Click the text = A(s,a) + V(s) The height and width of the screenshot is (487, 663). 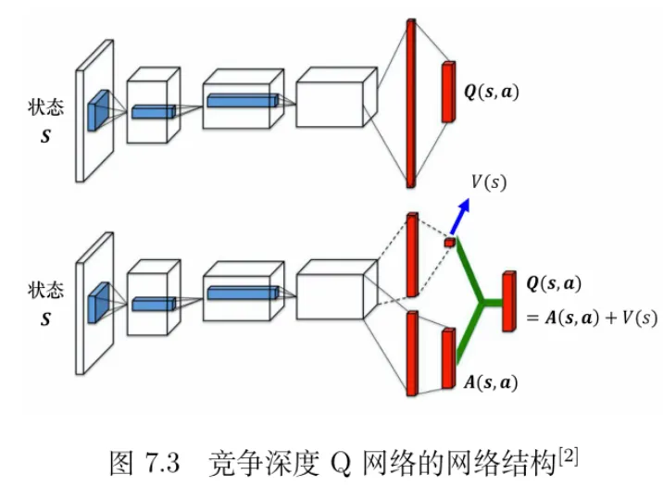click(592, 318)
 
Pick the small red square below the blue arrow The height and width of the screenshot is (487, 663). click(449, 243)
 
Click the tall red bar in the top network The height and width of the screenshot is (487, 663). click(410, 102)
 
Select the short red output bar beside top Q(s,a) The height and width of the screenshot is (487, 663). click(450, 91)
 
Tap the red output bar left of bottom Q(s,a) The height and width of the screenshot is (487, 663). click(507, 301)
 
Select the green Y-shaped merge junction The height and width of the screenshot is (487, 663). click(479, 302)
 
